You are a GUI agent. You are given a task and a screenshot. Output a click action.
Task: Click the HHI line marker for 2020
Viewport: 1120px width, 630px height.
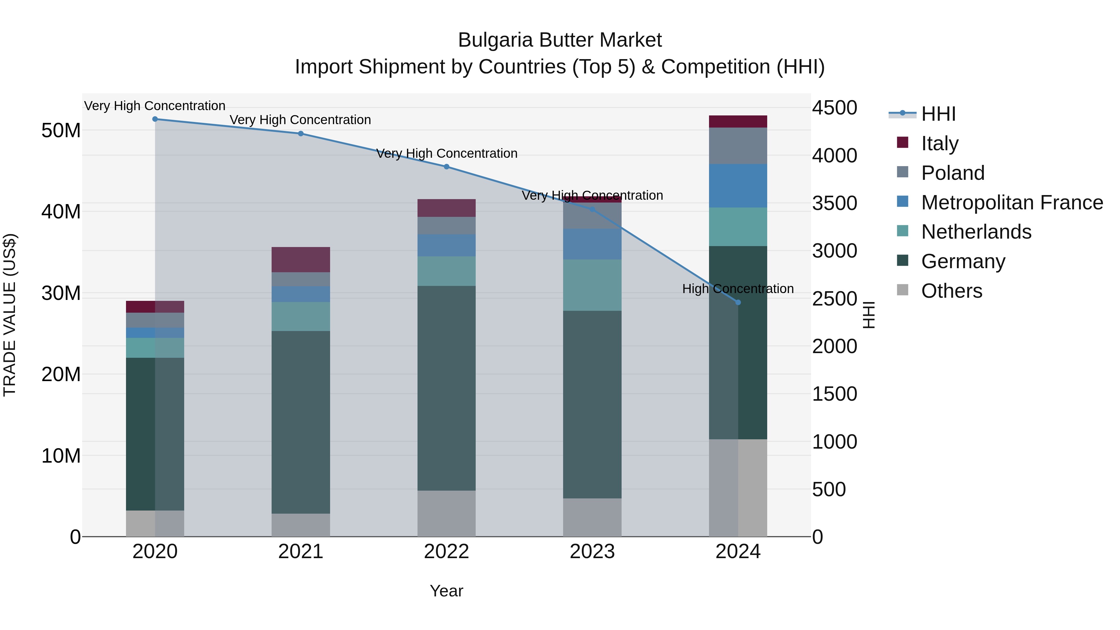click(155, 119)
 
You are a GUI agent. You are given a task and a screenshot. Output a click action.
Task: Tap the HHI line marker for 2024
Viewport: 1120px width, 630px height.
click(738, 302)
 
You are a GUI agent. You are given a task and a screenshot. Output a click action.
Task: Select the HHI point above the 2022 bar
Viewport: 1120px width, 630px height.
click(446, 166)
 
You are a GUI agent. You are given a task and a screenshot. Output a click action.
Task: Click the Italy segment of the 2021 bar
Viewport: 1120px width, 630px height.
click(301, 259)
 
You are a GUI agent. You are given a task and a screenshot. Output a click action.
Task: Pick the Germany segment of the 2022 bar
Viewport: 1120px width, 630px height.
click(446, 388)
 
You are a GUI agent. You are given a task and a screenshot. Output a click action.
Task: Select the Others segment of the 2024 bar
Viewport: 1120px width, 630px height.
click(738, 488)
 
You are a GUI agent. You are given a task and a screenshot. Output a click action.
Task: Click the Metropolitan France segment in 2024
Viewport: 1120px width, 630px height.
click(738, 186)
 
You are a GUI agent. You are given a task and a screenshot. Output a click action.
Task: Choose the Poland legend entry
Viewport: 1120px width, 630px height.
click(952, 173)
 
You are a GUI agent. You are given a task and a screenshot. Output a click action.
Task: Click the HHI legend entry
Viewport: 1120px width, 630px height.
click(938, 114)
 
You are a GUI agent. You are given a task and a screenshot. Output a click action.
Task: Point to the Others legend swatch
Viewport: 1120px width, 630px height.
click(903, 290)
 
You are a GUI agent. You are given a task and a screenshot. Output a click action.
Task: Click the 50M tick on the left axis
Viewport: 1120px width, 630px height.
click(61, 130)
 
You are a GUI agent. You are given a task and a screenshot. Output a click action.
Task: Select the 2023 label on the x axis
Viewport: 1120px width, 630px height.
click(592, 552)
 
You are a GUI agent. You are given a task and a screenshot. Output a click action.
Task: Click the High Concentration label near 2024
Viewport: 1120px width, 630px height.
click(738, 289)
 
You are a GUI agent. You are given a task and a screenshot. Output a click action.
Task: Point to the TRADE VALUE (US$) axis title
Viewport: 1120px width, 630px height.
click(10, 315)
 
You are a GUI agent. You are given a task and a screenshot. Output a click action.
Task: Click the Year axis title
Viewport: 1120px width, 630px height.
click(446, 591)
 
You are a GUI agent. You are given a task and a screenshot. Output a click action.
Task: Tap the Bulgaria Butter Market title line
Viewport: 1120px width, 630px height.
click(560, 40)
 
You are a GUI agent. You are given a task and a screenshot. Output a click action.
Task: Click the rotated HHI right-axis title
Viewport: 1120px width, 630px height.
click(868, 315)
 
